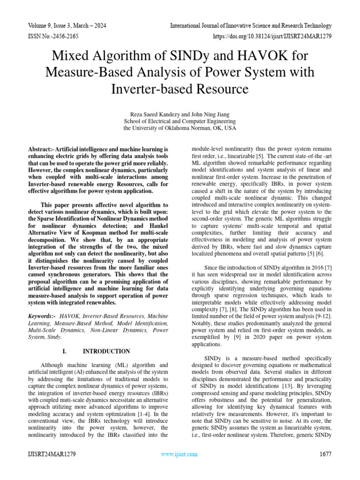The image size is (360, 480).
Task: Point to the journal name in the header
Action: pos(251,25)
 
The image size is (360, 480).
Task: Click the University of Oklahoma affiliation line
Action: pos(180,128)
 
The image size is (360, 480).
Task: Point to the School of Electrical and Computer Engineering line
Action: pos(180,121)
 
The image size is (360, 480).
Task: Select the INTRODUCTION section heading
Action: pos(106,351)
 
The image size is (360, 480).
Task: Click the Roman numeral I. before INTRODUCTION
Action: pos(64,351)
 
